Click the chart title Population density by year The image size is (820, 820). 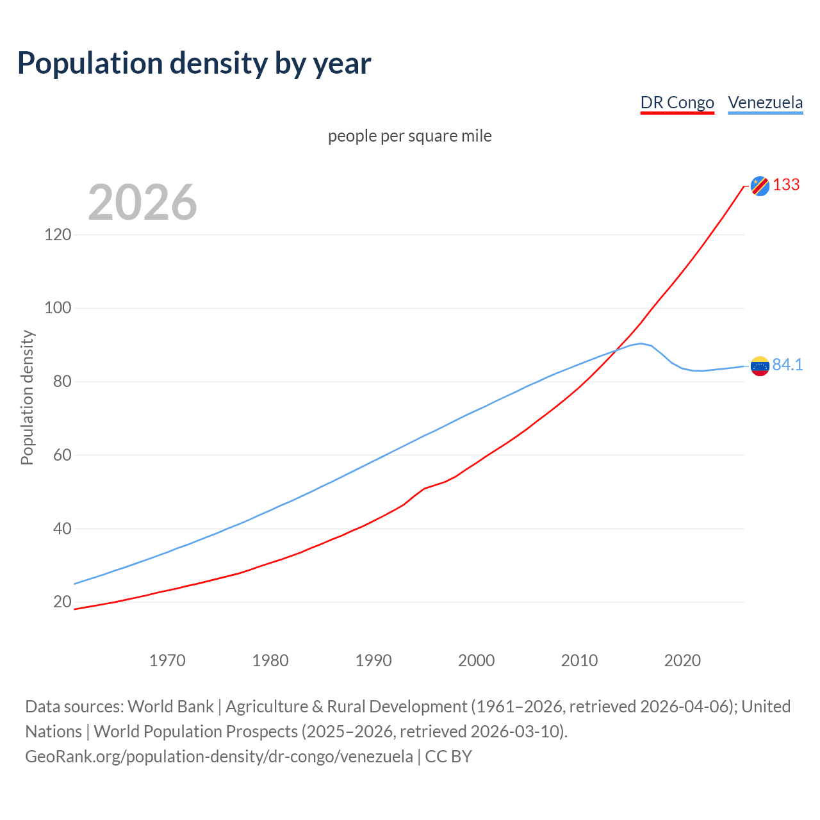[194, 63]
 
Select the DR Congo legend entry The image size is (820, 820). [677, 102]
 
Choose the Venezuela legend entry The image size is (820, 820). [765, 102]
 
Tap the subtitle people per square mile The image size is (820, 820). [410, 136]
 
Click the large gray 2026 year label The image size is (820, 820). [142, 202]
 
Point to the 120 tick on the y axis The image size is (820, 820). [58, 234]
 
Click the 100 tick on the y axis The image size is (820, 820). [58, 308]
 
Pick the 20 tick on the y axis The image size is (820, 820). [62, 602]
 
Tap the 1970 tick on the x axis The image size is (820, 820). [167, 660]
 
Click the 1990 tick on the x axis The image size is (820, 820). [373, 660]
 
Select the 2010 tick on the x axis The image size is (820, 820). [579, 660]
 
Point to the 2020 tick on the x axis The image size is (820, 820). [682, 660]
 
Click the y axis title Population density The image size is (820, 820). [27, 397]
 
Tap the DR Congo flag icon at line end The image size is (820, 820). [760, 186]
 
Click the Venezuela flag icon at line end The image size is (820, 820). [760, 366]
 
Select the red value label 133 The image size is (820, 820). [786, 185]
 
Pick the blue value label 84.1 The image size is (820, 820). [787, 365]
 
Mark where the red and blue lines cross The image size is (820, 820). [616, 350]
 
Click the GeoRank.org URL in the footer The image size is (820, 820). [219, 757]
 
